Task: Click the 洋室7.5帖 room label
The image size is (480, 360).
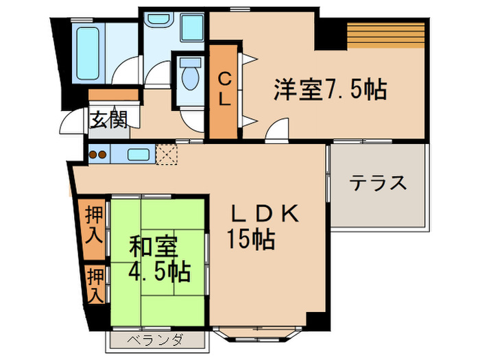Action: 331,90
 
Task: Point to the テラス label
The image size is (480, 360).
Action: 378,183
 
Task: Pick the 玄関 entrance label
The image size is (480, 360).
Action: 108,121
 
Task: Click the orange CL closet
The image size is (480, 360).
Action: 224,90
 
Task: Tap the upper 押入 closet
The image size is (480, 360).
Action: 93,227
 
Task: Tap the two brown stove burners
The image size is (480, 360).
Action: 97,155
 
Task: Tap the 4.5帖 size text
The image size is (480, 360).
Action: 159,271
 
